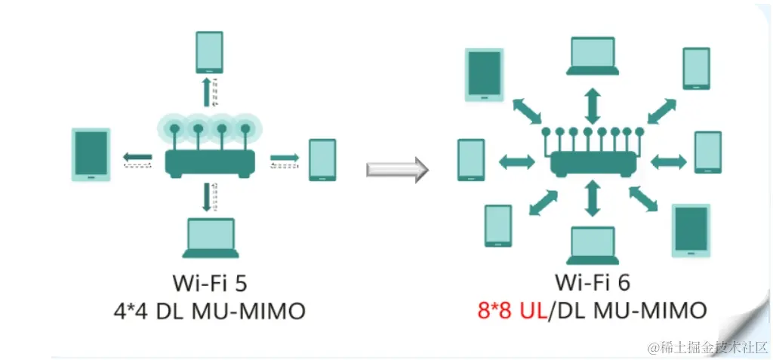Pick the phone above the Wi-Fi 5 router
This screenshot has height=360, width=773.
tap(209, 52)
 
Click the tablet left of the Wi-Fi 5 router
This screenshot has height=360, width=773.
tap(91, 155)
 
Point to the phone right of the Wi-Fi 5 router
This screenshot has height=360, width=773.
tap(322, 159)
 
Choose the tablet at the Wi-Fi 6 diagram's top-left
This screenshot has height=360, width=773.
tap(483, 75)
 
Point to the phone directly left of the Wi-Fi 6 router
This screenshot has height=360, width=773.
tap(471, 160)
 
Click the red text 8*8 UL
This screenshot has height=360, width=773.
tap(506, 310)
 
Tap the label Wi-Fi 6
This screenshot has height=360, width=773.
tap(593, 283)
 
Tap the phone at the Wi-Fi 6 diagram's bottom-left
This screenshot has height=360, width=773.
tap(498, 226)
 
